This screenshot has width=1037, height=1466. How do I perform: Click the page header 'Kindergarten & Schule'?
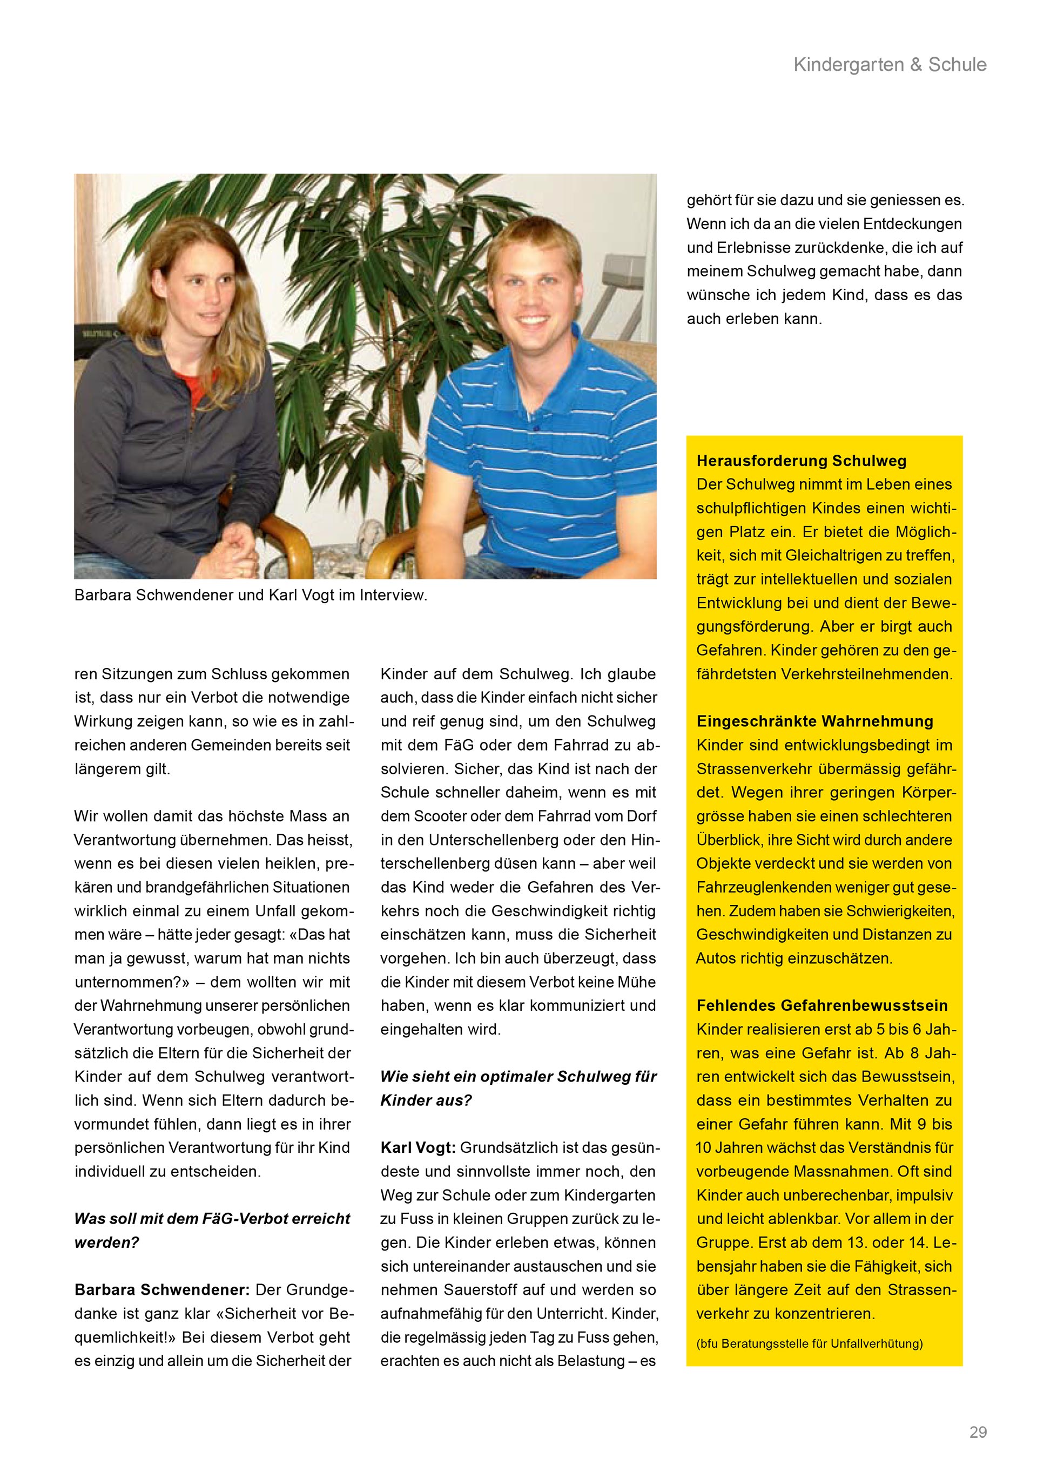point(890,64)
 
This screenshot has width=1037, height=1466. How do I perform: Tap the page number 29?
point(978,1432)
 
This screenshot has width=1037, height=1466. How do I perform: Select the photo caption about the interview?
point(250,595)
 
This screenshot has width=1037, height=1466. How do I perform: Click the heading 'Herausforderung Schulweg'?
point(801,461)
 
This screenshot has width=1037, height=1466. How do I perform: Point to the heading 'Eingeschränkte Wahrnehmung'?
point(814,721)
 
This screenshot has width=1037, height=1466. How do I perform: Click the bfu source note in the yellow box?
point(809,1343)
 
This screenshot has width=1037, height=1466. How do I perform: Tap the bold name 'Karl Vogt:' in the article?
point(418,1147)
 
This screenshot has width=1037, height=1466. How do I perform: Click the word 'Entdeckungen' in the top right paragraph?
point(912,224)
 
